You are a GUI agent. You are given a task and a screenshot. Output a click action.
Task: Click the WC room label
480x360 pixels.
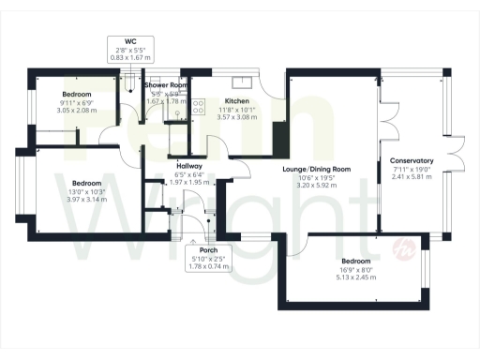[x=130, y=41]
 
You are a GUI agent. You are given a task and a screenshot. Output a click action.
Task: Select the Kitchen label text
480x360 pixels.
[x=236, y=100]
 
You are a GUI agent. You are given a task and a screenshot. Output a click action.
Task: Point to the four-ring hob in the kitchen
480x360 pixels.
[x=199, y=109]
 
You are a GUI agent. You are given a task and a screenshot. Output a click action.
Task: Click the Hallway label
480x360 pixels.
[x=189, y=166]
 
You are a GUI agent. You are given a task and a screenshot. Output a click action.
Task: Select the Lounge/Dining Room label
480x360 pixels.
[x=317, y=169]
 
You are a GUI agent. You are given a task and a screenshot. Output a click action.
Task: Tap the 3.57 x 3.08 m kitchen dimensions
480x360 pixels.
[x=236, y=117]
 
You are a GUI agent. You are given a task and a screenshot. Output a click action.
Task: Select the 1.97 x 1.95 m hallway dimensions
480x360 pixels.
[x=189, y=182]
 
